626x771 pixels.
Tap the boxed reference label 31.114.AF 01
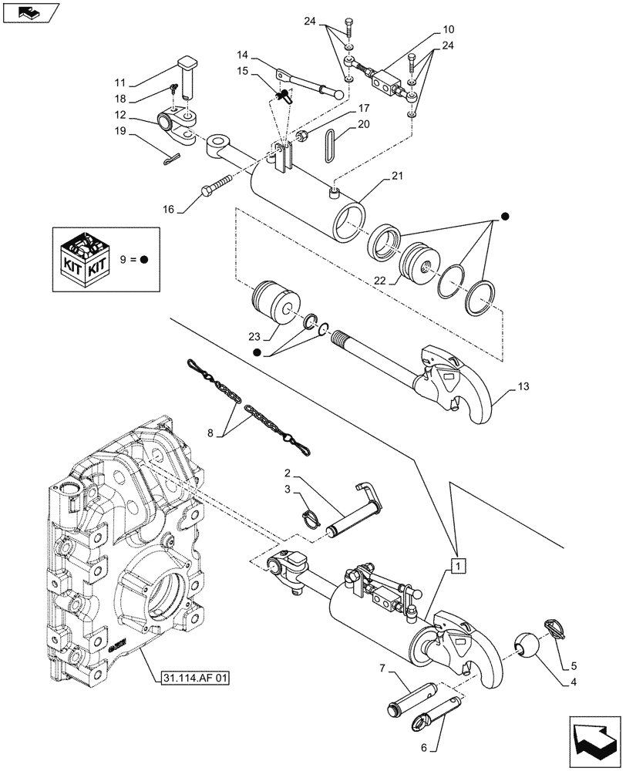click(x=196, y=679)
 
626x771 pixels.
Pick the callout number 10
click(x=448, y=30)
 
